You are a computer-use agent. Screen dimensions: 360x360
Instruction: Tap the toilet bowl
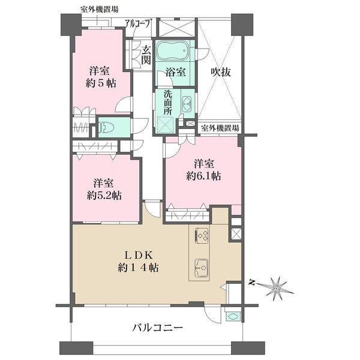pyautogui.click(x=106, y=127)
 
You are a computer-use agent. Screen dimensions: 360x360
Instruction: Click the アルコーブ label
pyautogui.click(x=139, y=24)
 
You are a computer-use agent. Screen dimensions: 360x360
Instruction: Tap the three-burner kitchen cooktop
pyautogui.click(x=202, y=235)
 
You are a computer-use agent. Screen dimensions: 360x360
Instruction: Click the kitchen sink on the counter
pyautogui.click(x=200, y=265)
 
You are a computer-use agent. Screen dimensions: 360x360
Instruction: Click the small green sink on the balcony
pyautogui.click(x=233, y=315)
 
